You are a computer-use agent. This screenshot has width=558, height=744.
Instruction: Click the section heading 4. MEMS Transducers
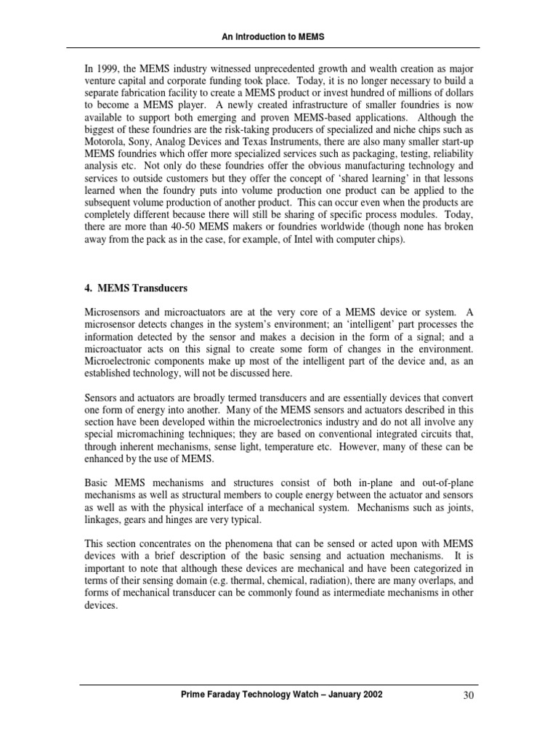coord(136,288)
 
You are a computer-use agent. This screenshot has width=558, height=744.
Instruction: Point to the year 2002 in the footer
coord(366,695)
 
